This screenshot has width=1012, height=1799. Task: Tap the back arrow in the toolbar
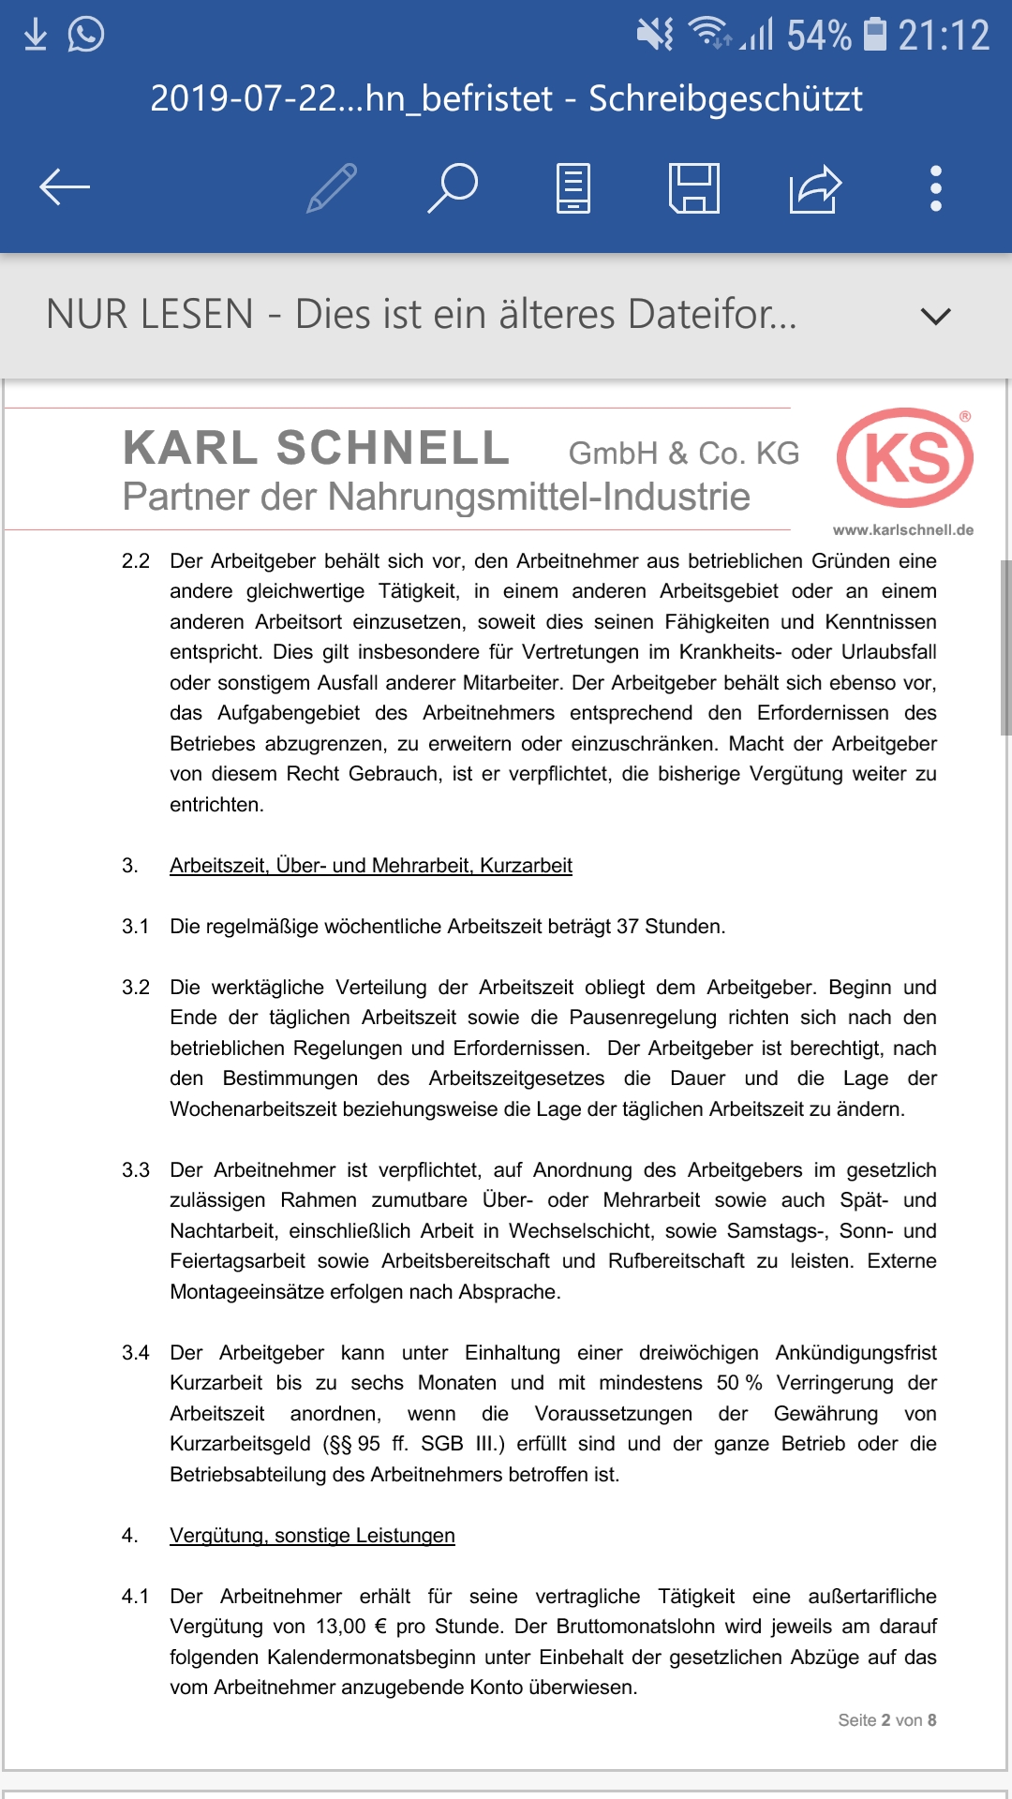[x=65, y=187]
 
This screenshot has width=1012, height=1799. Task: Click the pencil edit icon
[x=333, y=187]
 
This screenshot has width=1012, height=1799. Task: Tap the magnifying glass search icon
[x=454, y=187]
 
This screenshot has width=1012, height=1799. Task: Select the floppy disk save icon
[x=694, y=187]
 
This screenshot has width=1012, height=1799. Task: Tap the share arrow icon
[x=815, y=188]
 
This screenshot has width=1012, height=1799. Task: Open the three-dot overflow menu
[x=935, y=188]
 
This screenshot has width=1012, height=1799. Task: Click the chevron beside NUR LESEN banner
[x=935, y=316]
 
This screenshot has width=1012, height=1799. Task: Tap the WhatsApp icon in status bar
[x=86, y=35]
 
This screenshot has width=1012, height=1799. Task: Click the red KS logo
[x=905, y=457]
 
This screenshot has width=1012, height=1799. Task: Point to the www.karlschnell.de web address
[x=902, y=530]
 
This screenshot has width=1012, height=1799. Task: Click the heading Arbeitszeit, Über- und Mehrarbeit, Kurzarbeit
[x=370, y=866]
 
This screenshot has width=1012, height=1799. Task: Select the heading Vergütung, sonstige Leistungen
[x=312, y=1536]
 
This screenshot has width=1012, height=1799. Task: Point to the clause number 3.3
[x=136, y=1170]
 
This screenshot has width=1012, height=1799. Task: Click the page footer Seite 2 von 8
[x=886, y=1720]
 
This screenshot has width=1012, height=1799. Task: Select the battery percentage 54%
[x=819, y=36]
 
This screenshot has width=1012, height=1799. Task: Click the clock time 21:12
[x=944, y=36]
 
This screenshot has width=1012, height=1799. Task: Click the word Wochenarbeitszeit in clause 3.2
[x=253, y=1109]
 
